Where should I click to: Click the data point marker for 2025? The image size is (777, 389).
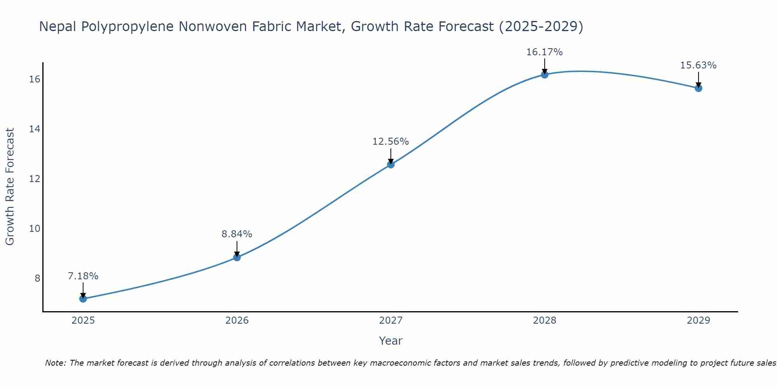click(x=83, y=299)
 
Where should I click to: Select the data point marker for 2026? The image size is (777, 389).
click(x=237, y=257)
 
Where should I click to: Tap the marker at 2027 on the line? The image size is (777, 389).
click(x=391, y=165)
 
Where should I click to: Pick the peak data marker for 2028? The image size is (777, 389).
click(x=545, y=75)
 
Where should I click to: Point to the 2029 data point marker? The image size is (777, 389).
click(x=699, y=88)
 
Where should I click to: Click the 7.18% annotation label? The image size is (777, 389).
click(x=83, y=276)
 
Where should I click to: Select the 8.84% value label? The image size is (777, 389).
click(x=237, y=234)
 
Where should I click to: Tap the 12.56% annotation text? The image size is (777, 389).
click(x=391, y=142)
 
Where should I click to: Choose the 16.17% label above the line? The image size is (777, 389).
click(x=545, y=52)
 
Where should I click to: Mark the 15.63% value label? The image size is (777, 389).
click(x=699, y=65)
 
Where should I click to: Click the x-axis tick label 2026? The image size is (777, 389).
click(x=237, y=321)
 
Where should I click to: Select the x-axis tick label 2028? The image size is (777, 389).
click(x=545, y=321)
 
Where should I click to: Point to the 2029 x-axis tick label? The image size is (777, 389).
click(x=699, y=321)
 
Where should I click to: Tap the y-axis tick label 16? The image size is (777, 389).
click(x=35, y=79)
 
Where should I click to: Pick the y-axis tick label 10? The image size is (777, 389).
click(x=35, y=228)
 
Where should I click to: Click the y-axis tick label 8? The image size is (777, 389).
click(x=37, y=278)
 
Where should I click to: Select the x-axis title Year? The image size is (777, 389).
click(x=391, y=341)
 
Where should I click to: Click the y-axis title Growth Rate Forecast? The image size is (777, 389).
click(x=10, y=187)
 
